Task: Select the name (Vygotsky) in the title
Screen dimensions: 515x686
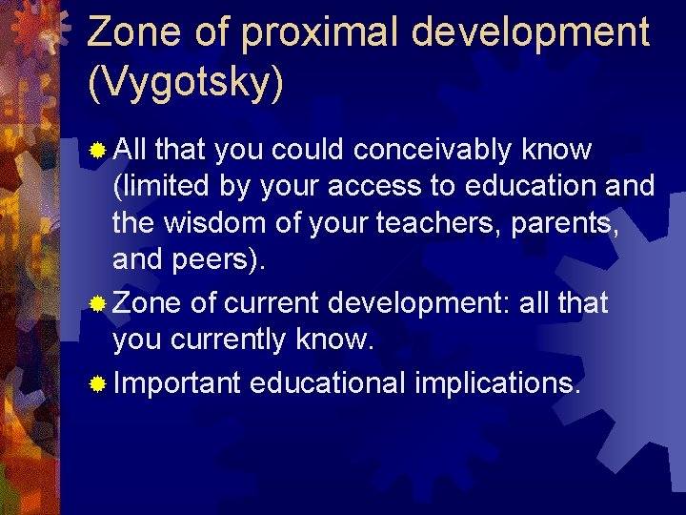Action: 186,83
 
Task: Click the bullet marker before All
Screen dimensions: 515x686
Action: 97,151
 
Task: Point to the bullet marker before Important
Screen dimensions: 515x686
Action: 97,385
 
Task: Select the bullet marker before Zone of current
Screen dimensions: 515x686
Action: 97,305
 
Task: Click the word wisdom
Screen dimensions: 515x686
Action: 204,223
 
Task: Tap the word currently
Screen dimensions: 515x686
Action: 228,340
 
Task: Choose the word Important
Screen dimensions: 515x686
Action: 177,384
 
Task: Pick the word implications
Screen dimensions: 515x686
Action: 496,384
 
